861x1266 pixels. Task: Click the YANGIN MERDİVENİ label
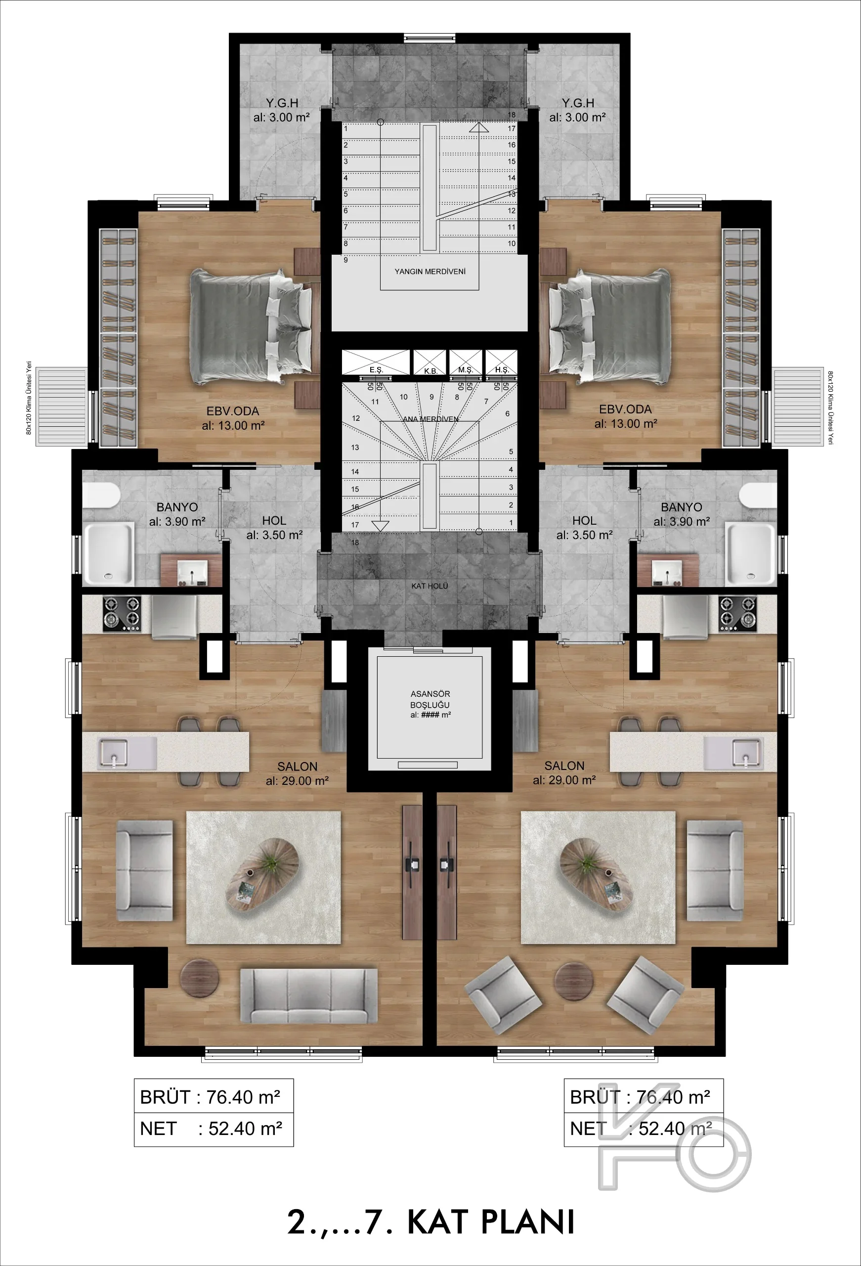pos(430,271)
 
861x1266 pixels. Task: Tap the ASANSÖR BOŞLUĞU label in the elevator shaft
pos(430,699)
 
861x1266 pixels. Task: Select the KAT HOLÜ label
pos(430,586)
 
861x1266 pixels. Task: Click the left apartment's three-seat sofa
pos(309,996)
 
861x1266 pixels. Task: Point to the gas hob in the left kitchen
pos(122,613)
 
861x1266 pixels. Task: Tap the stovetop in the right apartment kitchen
pos(738,613)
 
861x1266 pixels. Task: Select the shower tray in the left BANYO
pos(108,553)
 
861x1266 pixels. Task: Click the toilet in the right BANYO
pos(758,495)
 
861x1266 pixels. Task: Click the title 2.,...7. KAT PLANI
pos(431,1222)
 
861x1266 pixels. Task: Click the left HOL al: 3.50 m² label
pos(274,528)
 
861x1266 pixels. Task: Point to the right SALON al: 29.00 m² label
pos(564,773)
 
